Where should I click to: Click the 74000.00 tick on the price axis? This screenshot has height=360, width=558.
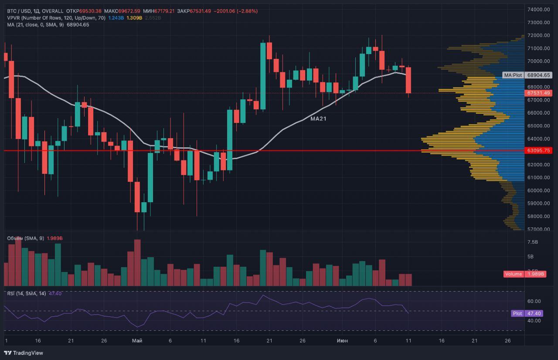tap(538, 10)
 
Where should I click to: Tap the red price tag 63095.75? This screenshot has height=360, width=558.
tap(538, 150)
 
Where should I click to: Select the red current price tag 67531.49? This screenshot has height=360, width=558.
tap(538, 93)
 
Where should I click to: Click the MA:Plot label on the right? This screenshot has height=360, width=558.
tap(513, 75)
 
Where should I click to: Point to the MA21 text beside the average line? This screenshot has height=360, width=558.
tap(318, 118)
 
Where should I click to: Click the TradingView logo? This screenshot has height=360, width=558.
tap(24, 353)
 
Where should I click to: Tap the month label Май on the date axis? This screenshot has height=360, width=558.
tap(137, 340)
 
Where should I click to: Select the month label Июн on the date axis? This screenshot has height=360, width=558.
tap(342, 340)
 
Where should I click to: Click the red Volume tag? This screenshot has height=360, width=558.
tap(514, 274)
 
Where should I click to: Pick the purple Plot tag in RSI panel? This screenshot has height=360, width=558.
tap(517, 313)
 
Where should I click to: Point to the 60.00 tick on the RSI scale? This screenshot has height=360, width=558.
tap(534, 301)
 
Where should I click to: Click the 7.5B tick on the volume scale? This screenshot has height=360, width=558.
tap(533, 242)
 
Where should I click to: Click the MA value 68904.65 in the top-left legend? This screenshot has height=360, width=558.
tap(78, 25)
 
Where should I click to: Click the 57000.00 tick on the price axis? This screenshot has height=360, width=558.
tap(538, 229)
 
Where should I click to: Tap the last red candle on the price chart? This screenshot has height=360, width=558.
tap(408, 80)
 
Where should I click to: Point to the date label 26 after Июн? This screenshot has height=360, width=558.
tap(507, 340)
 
